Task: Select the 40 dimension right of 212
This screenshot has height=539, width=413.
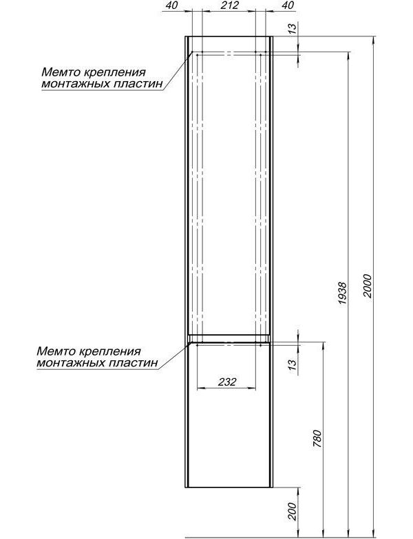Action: pos(288,5)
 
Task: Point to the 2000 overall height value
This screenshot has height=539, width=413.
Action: pos(368,286)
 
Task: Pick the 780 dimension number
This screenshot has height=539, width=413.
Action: pos(317,439)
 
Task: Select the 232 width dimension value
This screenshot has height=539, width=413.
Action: pos(227,382)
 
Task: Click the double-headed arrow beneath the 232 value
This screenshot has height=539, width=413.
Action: pos(226,388)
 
